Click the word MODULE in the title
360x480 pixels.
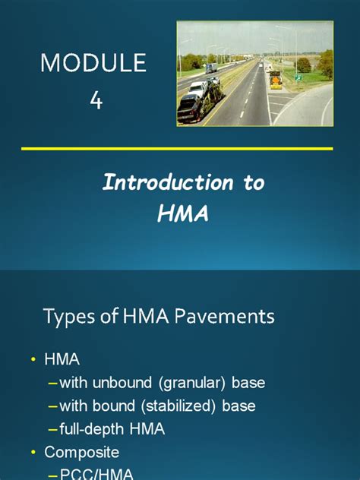(x=93, y=63)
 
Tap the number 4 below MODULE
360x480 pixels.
(x=96, y=100)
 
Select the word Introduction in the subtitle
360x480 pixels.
(x=157, y=183)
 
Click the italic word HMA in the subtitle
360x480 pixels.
(x=182, y=216)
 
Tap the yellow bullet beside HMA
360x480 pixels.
(x=33, y=359)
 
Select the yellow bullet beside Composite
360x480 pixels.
(x=33, y=453)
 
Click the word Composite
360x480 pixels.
(x=81, y=453)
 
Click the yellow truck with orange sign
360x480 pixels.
(x=275, y=80)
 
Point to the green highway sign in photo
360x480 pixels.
(x=300, y=77)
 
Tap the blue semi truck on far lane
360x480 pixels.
(x=210, y=68)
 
